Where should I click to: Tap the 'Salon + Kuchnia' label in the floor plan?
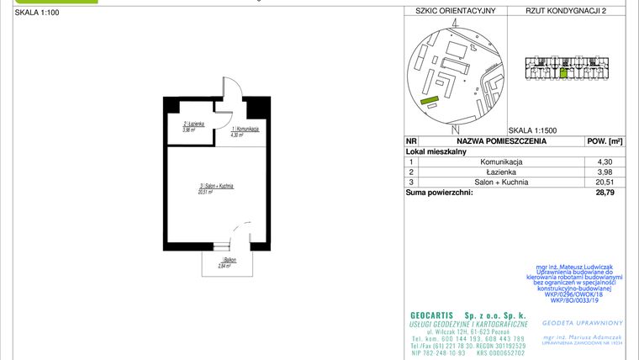[x=216, y=185]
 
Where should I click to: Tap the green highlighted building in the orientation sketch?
[x=430, y=102]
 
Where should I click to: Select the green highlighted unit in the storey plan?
[x=563, y=72]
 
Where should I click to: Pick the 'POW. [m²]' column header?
[x=604, y=142]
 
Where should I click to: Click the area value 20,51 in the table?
[x=604, y=182]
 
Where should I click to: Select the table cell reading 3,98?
[x=604, y=172]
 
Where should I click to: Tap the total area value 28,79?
[x=604, y=193]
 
